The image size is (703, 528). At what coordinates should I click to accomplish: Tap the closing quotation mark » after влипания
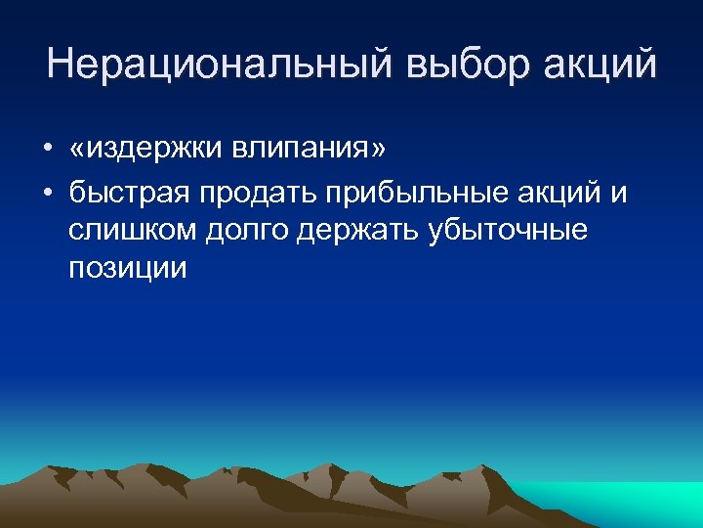pos(378,151)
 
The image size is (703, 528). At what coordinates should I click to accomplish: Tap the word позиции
pos(127,269)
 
